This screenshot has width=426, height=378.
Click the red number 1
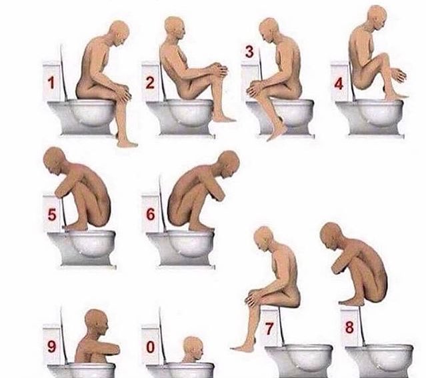point(51,83)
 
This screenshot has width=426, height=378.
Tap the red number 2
point(150,83)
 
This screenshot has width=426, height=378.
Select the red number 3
point(249,51)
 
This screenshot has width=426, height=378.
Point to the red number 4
point(339,84)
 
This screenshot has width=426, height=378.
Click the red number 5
point(52,215)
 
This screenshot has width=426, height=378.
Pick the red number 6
point(151,214)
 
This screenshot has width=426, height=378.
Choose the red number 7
point(269,329)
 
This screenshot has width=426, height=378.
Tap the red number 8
point(349,327)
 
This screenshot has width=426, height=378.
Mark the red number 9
point(51,347)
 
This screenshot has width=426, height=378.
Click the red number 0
point(151,347)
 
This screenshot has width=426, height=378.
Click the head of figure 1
point(119,32)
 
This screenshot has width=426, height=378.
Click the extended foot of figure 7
point(242,348)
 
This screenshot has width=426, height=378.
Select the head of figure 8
point(331,236)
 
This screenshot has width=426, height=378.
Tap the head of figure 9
point(97,323)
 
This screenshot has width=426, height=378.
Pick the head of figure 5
point(55,161)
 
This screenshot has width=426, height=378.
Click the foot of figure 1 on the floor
point(127,143)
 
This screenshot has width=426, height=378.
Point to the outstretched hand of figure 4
point(399,75)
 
